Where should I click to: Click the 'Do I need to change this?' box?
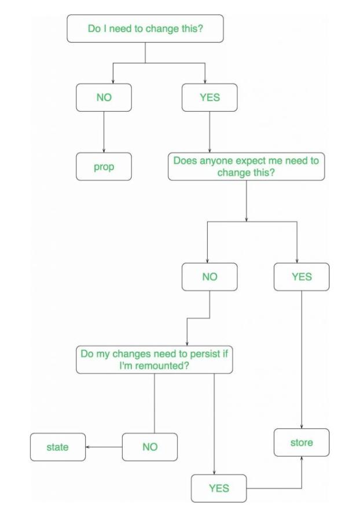(145, 28)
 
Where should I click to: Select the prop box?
(104, 167)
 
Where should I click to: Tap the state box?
(58, 447)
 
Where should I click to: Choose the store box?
(302, 442)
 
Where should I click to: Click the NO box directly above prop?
(104, 97)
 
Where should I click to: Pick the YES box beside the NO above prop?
(210, 97)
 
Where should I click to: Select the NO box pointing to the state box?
(150, 447)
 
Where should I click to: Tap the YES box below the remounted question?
(219, 488)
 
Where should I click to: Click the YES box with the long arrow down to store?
(302, 277)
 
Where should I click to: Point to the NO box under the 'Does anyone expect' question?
(210, 277)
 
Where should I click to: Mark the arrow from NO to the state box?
(104, 447)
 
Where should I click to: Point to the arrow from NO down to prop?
(104, 132)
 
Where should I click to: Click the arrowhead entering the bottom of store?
(302, 458)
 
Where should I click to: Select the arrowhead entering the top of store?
(302, 427)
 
